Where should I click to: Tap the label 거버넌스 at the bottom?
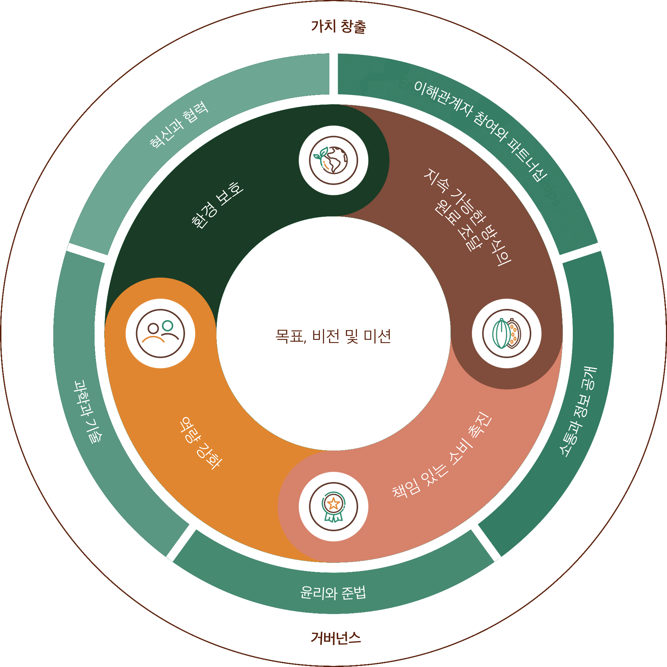[336, 638]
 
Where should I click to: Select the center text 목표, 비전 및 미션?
[333, 336]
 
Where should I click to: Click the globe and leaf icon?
[333, 160]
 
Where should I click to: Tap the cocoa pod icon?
[507, 333]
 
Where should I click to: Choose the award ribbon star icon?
[333, 507]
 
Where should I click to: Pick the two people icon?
[160, 333]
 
